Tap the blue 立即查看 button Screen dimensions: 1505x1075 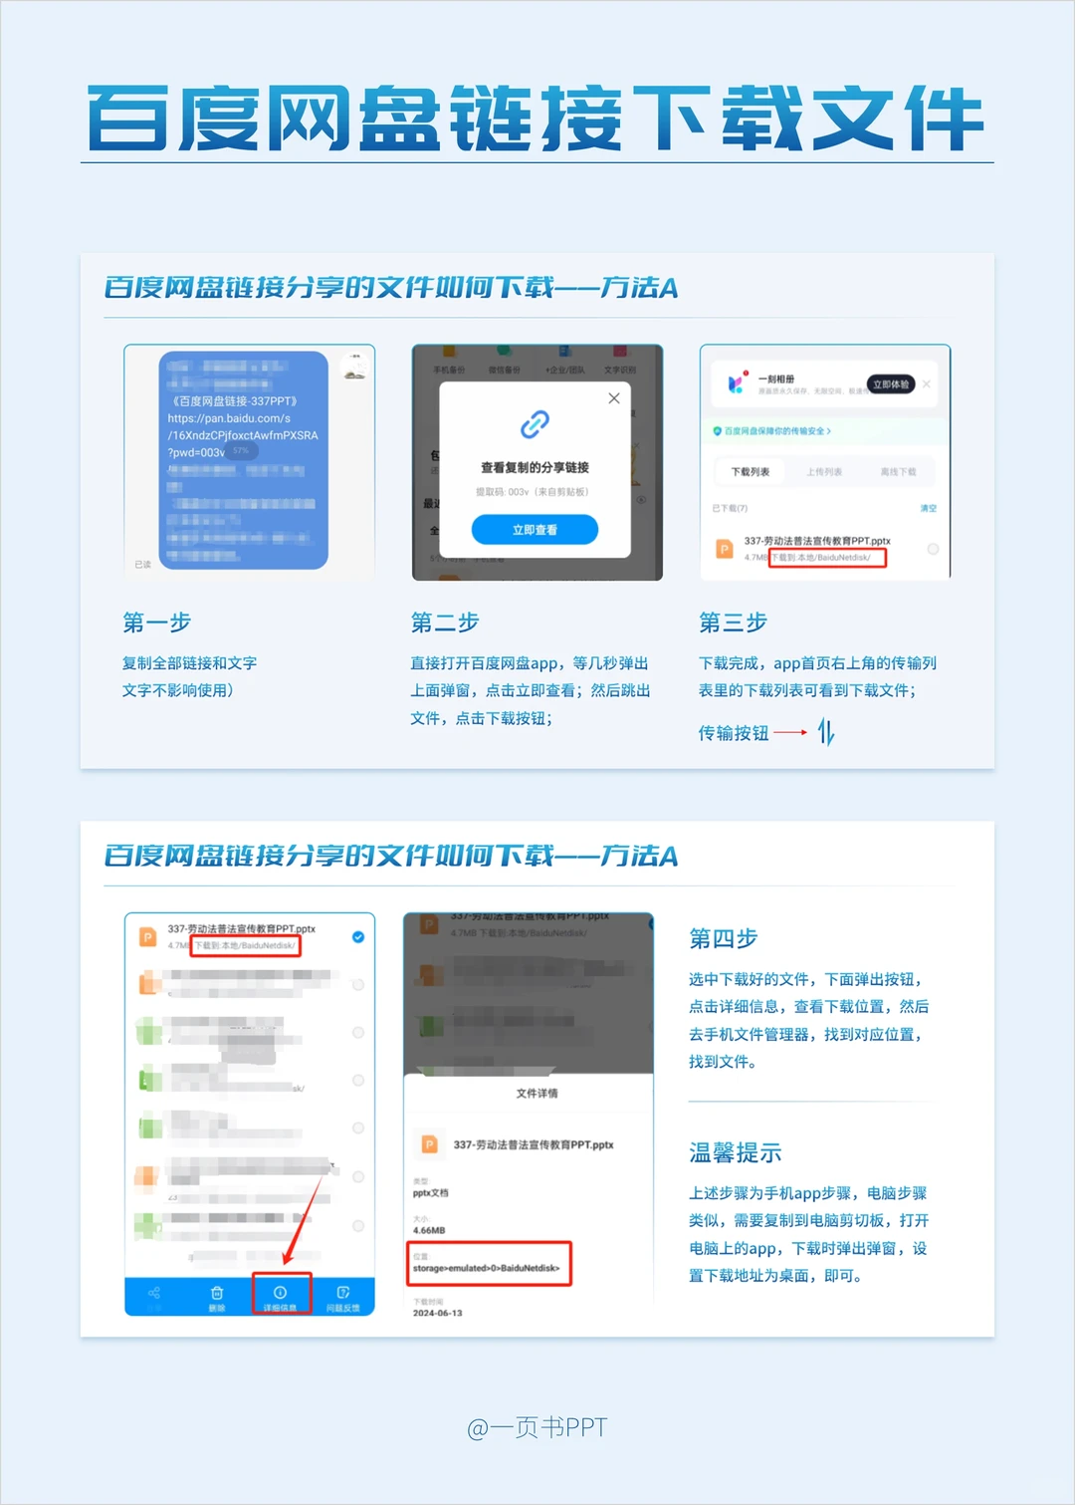click(535, 530)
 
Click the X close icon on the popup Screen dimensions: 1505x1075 click(614, 398)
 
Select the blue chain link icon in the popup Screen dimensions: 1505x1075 click(535, 424)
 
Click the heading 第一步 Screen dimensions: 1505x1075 click(156, 623)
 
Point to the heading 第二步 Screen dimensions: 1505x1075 click(445, 623)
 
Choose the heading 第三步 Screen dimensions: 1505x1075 click(733, 623)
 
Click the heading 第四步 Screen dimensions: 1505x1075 click(723, 938)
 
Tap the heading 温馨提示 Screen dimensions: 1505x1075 click(735, 1152)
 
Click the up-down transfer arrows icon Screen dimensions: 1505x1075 click(826, 733)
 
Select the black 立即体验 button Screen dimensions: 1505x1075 click(891, 384)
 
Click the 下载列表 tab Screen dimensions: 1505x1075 click(751, 471)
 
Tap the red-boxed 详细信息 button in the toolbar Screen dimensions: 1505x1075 click(281, 1295)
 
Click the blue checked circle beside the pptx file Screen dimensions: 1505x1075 click(358, 937)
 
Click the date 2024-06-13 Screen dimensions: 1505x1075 click(438, 1313)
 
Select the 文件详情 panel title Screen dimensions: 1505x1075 click(537, 1093)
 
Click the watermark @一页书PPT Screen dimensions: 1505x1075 click(537, 1427)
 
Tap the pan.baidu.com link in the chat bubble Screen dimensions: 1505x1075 click(229, 418)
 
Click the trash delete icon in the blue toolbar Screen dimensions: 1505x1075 click(217, 1295)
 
